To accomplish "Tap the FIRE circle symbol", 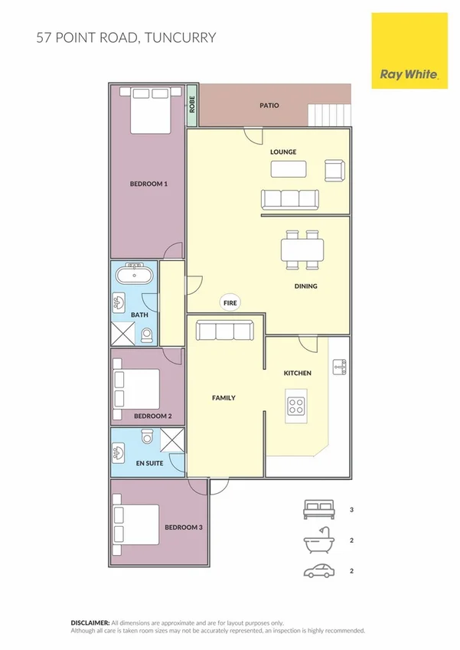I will coord(230,303).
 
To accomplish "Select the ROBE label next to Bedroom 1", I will coord(193,104).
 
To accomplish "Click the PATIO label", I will coord(269,106).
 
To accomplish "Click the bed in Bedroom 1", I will coord(149,110).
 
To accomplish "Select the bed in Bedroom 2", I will coord(136,389).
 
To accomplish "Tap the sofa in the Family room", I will coord(224,330).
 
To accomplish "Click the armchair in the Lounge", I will coord(334,170).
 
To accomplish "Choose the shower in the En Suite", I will coord(172,440).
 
